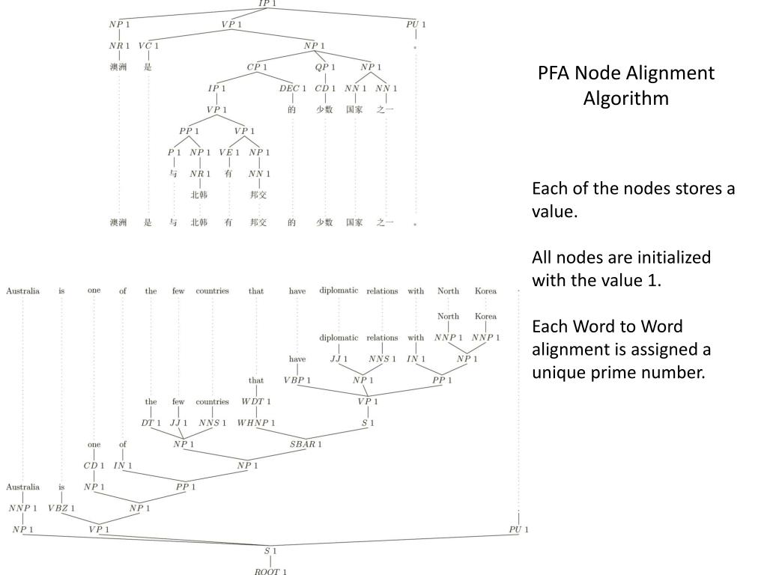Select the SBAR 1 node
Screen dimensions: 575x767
(306, 444)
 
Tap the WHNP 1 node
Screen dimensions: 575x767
(256, 422)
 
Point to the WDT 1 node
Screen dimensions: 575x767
(256, 401)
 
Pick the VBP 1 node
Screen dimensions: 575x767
(297, 380)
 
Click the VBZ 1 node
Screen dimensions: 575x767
(61, 508)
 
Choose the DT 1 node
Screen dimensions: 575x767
(151, 422)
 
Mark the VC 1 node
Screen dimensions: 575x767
(148, 46)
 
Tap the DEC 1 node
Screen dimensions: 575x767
(293, 88)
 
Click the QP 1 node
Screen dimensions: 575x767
(325, 67)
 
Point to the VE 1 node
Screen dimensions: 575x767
(229, 153)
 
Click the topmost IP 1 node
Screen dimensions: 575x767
(267, 4)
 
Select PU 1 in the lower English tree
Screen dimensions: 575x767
(518, 530)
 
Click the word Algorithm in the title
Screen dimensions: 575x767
(626, 98)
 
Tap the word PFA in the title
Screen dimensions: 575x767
(555, 73)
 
